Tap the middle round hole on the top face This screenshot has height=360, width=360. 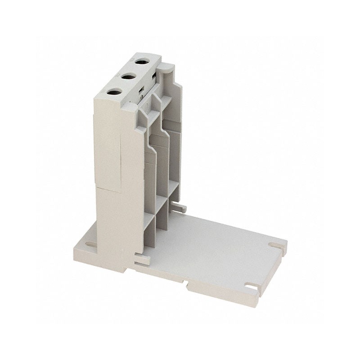click(128, 76)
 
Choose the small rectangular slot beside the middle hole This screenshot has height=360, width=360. click(140, 88)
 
